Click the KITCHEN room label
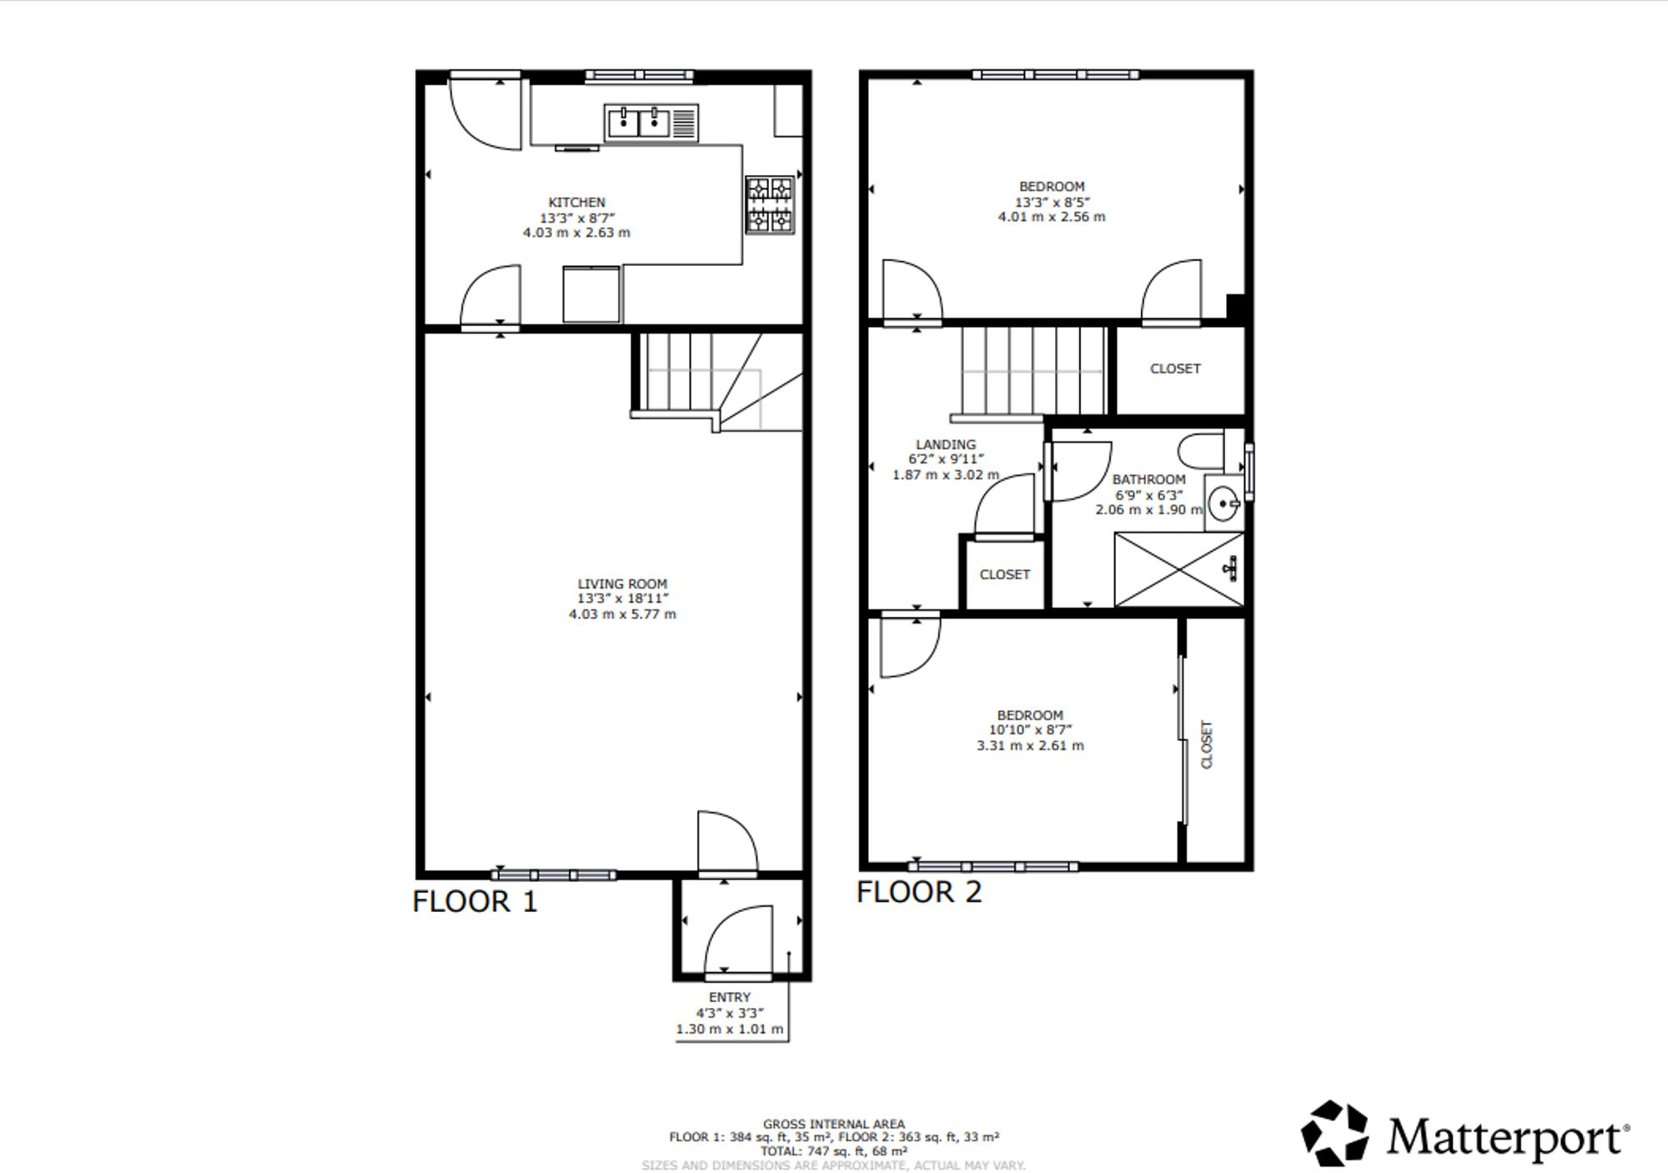click(x=576, y=203)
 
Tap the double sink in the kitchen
click(x=640, y=123)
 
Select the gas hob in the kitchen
click(x=769, y=204)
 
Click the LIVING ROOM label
click(x=622, y=584)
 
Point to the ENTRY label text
click(x=730, y=997)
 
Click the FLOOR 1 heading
click(x=475, y=902)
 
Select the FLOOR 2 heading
click(x=919, y=893)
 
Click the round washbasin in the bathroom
click(x=1223, y=504)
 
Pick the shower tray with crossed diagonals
click(x=1178, y=570)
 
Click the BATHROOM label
click(x=1148, y=479)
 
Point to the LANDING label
click(x=946, y=444)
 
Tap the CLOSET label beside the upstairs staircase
click(x=1175, y=368)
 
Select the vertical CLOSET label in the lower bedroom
click(x=1206, y=744)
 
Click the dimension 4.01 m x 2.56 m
click(x=1052, y=217)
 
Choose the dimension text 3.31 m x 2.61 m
click(x=1030, y=745)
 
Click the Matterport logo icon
click(x=1335, y=1133)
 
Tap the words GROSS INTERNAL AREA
click(x=833, y=1124)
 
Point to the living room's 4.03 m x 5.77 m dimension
click(x=622, y=614)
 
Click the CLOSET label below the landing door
click(x=1004, y=574)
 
